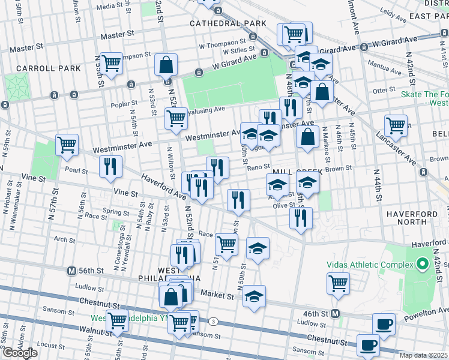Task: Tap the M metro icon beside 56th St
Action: [71, 271]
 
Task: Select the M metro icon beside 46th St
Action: [336, 313]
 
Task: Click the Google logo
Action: [20, 353]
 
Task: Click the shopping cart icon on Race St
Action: [226, 244]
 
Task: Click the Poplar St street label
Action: [124, 104]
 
